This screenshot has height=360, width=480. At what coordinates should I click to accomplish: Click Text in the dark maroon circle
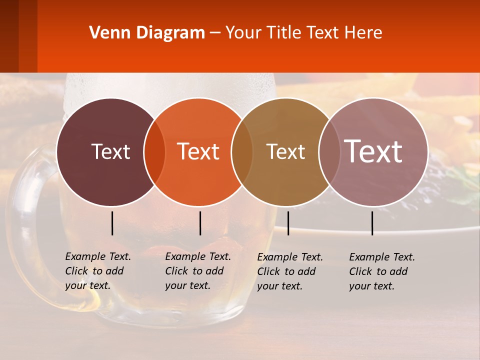pos(110,151)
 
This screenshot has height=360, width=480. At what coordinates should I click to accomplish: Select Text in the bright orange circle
pos(198,151)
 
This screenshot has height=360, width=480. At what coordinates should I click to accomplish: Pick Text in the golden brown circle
pos(285,151)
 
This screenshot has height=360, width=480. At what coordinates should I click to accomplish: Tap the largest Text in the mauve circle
pos(373,151)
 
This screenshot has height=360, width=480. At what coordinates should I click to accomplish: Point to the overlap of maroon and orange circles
pos(154,152)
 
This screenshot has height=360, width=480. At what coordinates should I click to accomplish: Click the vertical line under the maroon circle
pos(112,223)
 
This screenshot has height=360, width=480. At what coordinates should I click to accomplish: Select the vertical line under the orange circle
pos(200,223)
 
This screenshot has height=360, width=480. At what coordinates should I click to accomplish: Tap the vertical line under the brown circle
pos(288,223)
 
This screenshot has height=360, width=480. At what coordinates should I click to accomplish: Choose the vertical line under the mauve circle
pos(372,223)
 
